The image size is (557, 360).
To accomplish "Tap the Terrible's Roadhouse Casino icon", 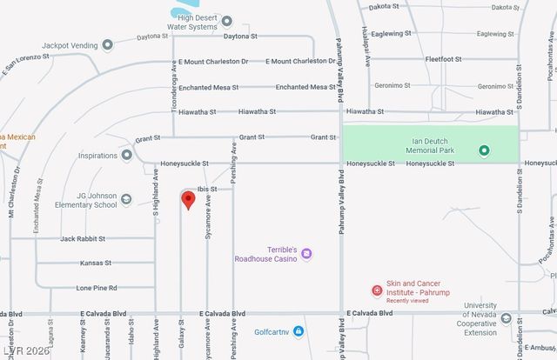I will (306, 254).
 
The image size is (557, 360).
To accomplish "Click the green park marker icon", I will (485, 150).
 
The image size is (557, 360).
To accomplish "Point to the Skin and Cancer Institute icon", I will (378, 290).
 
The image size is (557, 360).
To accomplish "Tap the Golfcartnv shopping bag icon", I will (299, 330).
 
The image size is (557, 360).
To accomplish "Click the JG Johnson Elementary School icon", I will (127, 200).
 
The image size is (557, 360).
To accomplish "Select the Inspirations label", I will (97, 156).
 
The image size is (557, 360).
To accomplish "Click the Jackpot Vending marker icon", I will (108, 44).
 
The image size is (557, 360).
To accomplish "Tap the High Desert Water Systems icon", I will (227, 21).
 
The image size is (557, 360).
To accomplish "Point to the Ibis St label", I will (206, 189).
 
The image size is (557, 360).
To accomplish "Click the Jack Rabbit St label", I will (83, 238).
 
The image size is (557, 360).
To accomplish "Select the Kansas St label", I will (95, 263).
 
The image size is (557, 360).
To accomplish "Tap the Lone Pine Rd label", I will (97, 288).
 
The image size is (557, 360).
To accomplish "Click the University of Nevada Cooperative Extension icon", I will (506, 318).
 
